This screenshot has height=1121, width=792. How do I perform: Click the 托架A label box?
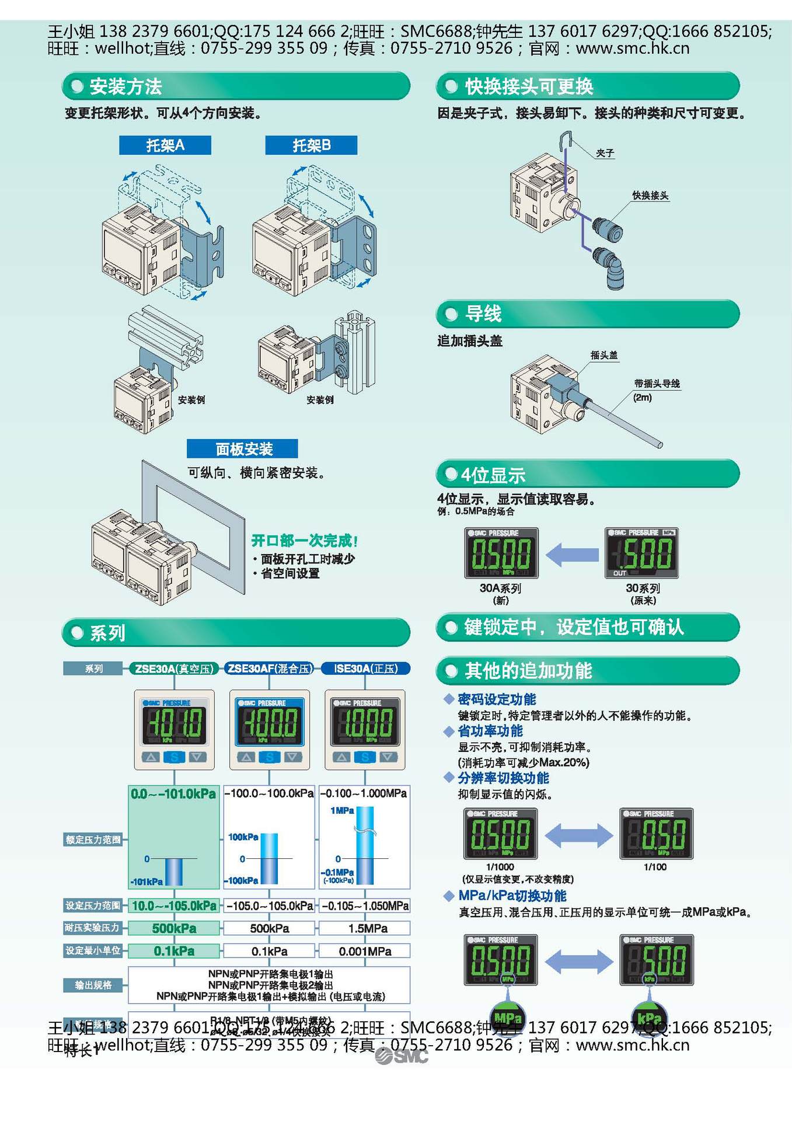click(165, 145)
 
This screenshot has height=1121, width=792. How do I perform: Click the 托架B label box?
click(311, 145)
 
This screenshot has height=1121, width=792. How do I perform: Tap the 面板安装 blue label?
click(242, 449)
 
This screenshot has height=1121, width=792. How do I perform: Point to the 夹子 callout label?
click(605, 153)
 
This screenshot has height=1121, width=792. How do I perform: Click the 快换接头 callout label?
click(650, 196)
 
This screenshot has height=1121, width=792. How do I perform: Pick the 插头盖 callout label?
click(603, 355)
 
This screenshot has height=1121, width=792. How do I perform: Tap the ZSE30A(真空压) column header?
click(174, 669)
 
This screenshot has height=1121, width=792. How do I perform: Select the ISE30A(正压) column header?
click(366, 669)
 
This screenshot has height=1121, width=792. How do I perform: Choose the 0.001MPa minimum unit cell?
click(365, 951)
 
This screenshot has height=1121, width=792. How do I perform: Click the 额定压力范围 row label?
click(93, 840)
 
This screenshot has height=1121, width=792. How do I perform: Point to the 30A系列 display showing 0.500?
click(501, 553)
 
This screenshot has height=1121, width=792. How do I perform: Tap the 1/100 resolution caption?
click(655, 867)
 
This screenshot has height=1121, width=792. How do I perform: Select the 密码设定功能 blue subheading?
click(497, 699)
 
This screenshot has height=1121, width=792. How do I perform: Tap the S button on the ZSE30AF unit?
click(269, 757)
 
